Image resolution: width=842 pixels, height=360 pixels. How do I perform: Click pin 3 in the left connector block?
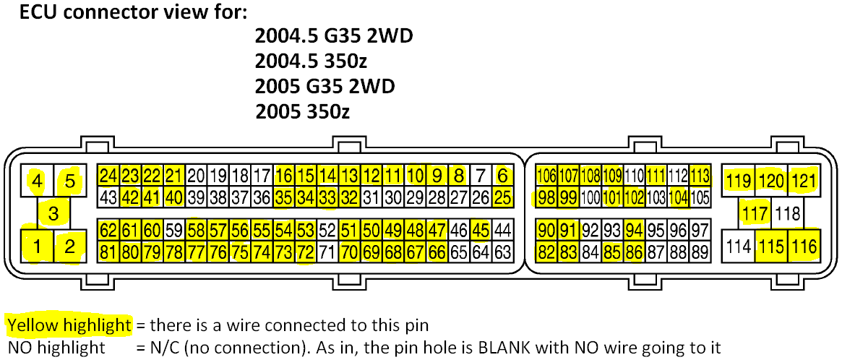(x=53, y=213)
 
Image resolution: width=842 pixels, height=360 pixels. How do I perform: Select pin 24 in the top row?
(x=108, y=176)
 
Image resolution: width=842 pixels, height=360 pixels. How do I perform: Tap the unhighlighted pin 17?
(x=262, y=176)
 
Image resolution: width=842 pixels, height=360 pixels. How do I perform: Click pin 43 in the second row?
(x=108, y=196)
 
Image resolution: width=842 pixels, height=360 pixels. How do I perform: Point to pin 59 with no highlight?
(x=173, y=231)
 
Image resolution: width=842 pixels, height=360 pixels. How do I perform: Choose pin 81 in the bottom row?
(x=108, y=252)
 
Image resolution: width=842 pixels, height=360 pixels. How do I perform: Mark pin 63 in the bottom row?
(x=503, y=252)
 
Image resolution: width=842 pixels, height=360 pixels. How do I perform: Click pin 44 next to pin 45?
(x=503, y=231)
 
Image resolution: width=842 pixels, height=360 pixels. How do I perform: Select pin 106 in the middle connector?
(x=546, y=176)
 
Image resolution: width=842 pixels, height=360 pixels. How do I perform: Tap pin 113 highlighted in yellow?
(x=700, y=176)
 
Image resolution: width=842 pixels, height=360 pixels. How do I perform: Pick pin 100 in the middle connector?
(x=590, y=197)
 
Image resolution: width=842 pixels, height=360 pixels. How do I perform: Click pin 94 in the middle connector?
(x=635, y=231)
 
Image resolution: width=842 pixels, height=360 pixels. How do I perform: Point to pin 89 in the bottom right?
(x=700, y=252)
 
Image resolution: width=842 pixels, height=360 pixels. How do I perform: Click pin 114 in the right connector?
(x=738, y=247)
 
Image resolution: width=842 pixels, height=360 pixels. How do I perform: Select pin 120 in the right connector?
(x=772, y=181)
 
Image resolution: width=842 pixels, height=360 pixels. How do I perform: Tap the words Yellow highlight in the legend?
(x=69, y=325)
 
